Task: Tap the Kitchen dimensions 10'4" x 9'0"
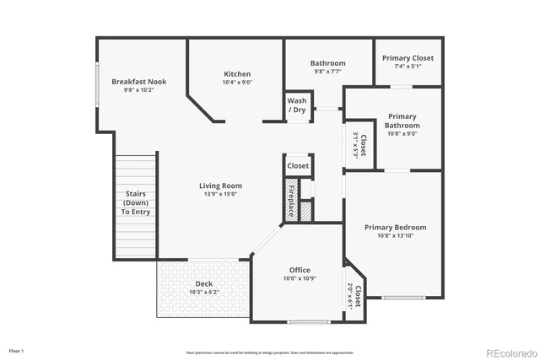(236, 83)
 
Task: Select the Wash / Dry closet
(296, 105)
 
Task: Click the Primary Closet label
(408, 58)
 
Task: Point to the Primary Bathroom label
(402, 121)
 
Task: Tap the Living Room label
(220, 185)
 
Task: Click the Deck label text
(203, 283)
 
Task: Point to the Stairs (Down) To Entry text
(136, 202)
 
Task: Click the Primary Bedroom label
(395, 227)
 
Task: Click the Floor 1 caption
(17, 350)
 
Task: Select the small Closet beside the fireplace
(298, 166)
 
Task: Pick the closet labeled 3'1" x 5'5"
(359, 145)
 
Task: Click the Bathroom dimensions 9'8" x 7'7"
(327, 72)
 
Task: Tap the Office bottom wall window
(309, 322)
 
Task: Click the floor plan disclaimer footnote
(270, 352)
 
